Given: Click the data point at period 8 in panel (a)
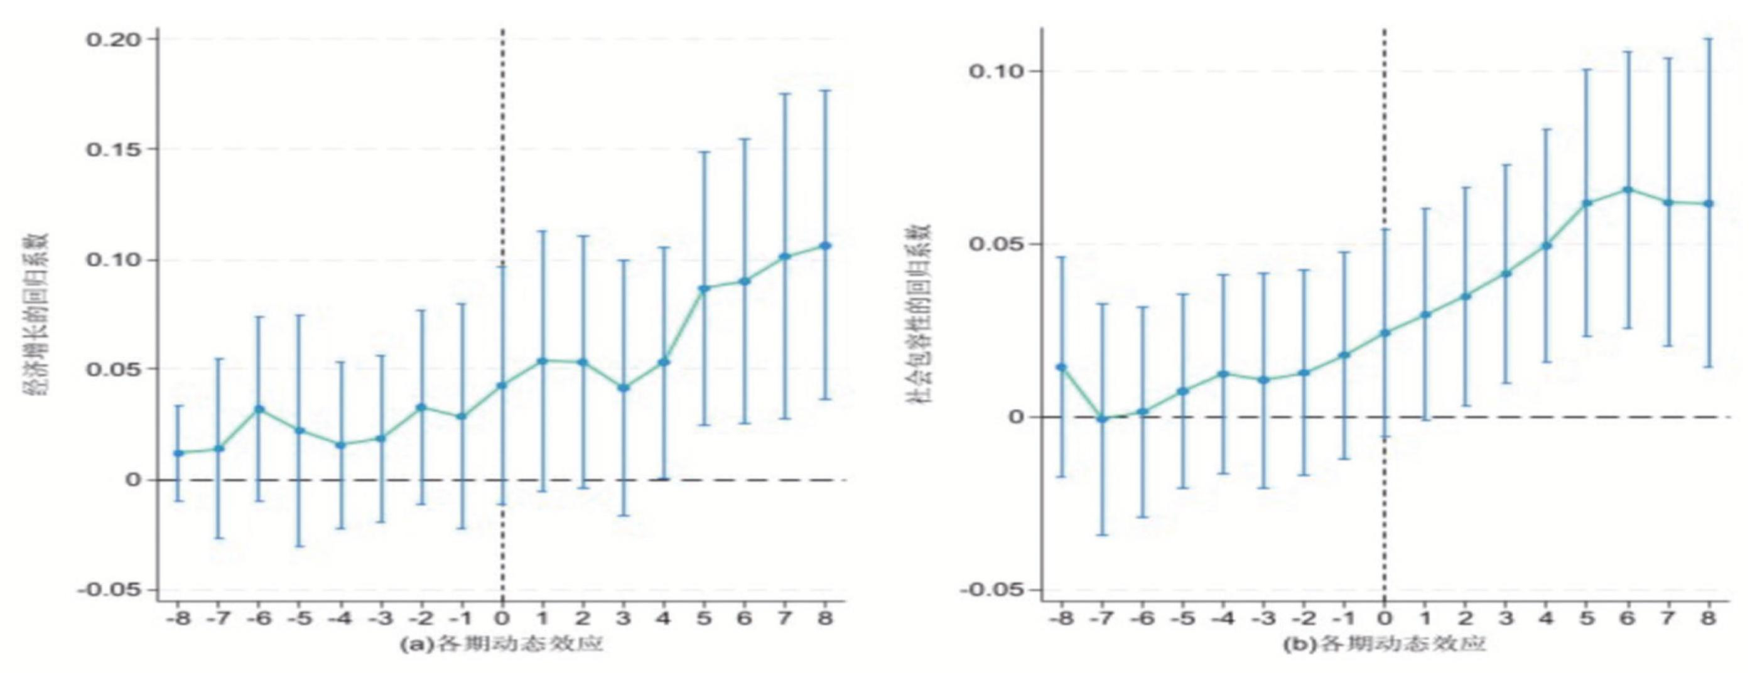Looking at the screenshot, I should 826,245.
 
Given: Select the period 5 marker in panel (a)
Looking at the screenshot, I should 704,289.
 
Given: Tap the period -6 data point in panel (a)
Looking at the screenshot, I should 259,409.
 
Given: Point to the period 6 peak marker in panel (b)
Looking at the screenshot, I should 1627,190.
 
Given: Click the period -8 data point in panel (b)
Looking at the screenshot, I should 1062,367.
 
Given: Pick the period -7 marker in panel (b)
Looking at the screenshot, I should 1102,419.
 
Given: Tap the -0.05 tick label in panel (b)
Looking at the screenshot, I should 990,590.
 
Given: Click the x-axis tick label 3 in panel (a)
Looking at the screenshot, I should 623,618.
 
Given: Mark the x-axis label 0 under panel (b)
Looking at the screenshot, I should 1385,618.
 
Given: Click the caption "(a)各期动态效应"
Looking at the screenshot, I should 501,644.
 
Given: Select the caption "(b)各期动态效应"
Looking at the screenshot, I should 1383,644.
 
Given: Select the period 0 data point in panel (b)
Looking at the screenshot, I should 1385,333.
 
